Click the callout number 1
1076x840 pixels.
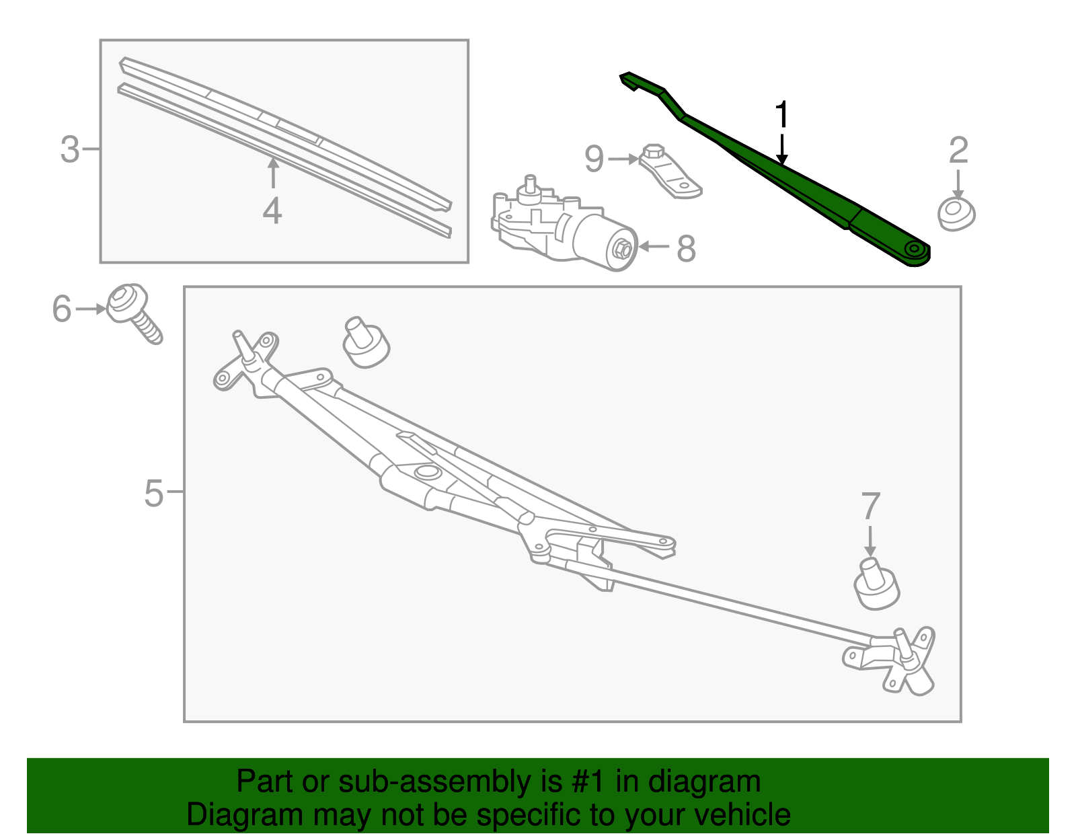781,115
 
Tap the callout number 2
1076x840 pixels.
958,150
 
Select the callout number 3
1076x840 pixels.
69,149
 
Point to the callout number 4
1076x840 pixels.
272,211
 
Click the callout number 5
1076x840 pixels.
153,493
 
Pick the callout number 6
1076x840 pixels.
61,309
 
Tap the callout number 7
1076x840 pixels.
870,506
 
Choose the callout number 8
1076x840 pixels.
685,248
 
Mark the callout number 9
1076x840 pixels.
594,159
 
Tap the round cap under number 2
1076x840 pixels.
956,213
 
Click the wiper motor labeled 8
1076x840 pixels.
565,225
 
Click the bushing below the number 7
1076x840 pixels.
876,585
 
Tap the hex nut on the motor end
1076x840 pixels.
623,250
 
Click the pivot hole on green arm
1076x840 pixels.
914,250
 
